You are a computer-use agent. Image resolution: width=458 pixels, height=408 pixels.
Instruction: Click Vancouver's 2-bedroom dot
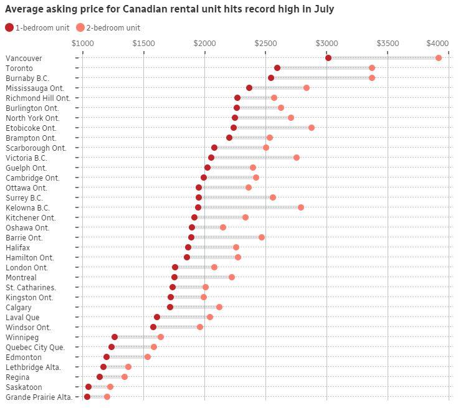pos(439,58)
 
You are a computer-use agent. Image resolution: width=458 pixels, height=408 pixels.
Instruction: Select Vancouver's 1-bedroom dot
pos(328,58)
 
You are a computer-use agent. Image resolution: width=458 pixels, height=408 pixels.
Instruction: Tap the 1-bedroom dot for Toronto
pos(277,68)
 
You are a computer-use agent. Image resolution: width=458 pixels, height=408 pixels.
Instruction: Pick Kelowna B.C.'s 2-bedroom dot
pos(301,207)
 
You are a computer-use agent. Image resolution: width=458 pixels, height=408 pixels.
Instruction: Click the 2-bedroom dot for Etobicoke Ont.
pos(312,128)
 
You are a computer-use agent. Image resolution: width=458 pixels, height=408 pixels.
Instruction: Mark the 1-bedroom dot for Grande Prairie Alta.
pos(87,397)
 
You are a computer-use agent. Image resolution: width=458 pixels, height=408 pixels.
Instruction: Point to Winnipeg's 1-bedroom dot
pos(115,337)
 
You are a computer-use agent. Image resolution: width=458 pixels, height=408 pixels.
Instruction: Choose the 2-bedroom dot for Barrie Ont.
pos(262,237)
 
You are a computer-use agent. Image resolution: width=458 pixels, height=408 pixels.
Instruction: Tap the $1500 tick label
pos(143,43)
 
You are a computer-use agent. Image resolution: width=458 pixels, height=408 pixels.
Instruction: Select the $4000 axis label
pos(437,43)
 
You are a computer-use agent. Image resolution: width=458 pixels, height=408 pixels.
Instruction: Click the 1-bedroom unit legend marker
pos(9,27)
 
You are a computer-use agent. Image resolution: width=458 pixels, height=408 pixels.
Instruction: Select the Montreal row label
pos(21,277)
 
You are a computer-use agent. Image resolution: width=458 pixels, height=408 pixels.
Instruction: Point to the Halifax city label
pos(17,247)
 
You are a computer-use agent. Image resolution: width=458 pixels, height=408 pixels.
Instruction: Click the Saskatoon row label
pos(24,387)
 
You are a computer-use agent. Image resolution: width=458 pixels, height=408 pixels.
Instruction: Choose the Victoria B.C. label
pos(26,158)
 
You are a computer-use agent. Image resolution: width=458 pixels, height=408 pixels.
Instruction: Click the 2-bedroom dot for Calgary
pos(219,307)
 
